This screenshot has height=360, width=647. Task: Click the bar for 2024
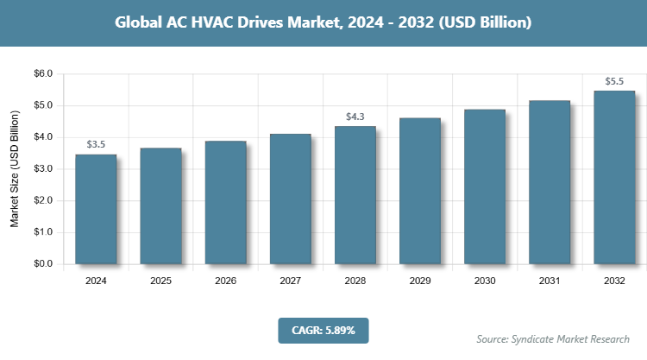point(96,209)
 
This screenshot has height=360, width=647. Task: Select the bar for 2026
point(225,202)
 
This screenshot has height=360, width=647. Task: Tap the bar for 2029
point(420,191)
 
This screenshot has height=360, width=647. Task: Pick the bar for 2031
point(550,182)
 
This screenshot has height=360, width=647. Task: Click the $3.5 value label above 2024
point(96,144)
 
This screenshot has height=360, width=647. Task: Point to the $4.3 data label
point(355,116)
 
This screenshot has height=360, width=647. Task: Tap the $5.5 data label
point(614,81)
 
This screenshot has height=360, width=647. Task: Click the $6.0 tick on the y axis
point(41,74)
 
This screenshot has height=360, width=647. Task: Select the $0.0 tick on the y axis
point(41,264)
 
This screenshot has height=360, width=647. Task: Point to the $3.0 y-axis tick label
point(41,169)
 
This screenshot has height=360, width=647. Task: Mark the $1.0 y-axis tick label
point(41,232)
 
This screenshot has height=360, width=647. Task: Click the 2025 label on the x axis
point(160,281)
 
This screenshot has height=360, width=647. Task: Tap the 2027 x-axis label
point(290,281)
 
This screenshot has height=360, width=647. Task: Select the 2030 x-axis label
point(485,281)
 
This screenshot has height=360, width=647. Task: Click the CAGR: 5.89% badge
point(323,330)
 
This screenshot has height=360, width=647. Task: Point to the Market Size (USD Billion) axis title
point(15,169)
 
